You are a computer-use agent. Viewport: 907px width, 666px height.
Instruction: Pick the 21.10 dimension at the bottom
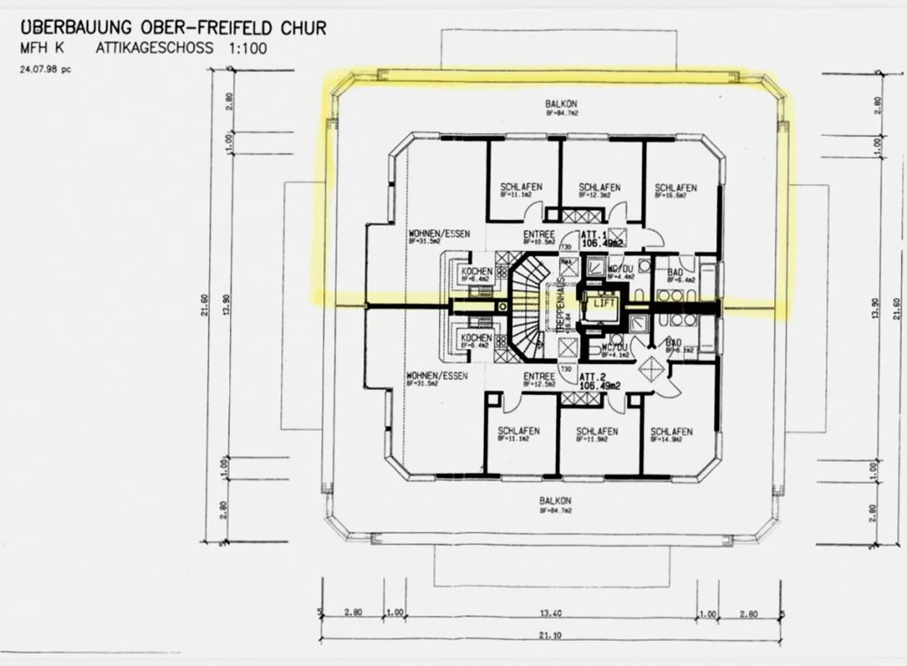(550, 635)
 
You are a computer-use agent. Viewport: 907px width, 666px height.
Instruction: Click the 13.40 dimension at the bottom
(550, 613)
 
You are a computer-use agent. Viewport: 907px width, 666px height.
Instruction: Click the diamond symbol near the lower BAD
(649, 369)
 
